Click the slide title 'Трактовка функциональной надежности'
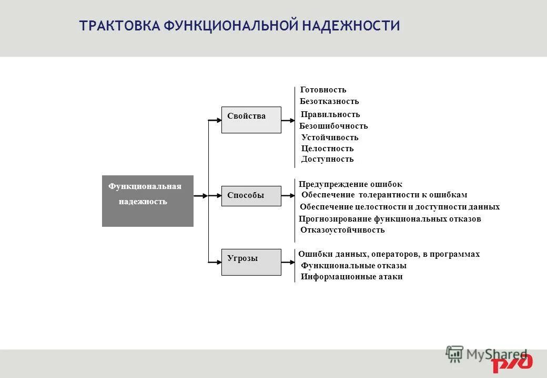click(239, 26)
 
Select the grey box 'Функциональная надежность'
click(147, 201)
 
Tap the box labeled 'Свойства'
click(251, 120)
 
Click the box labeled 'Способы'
click(251, 196)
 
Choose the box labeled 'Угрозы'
click(251, 261)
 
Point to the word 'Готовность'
click(323, 90)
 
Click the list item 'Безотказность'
click(329, 101)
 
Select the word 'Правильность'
click(330, 114)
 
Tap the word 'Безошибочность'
click(333, 126)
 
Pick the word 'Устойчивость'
click(330, 138)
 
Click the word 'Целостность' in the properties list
click(327, 149)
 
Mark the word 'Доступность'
click(327, 159)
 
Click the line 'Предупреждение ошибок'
click(350, 184)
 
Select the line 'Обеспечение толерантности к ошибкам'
click(384, 195)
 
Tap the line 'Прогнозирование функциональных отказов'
click(390, 219)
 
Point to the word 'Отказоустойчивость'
click(342, 230)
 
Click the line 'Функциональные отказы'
click(353, 266)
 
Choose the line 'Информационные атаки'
click(352, 277)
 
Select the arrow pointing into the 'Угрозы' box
click(215, 261)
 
